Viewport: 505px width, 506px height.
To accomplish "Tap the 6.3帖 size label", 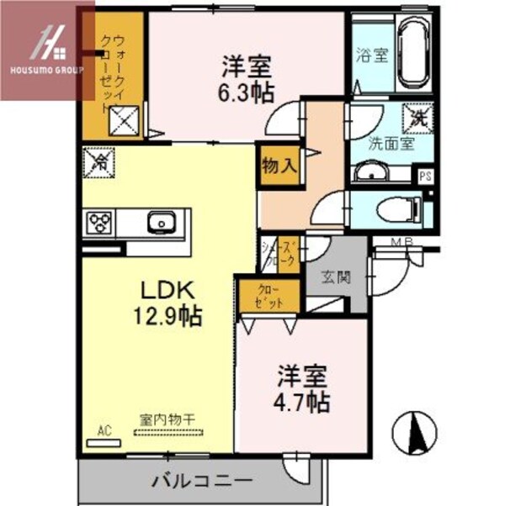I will (x=247, y=91).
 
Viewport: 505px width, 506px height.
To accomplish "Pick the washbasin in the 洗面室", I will (x=368, y=172).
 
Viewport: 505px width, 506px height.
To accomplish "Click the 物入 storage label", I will (x=280, y=164).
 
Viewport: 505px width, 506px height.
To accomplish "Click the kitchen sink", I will (x=158, y=224).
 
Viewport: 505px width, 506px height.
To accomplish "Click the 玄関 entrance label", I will (x=334, y=276).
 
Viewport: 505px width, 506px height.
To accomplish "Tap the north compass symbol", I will (x=412, y=433).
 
